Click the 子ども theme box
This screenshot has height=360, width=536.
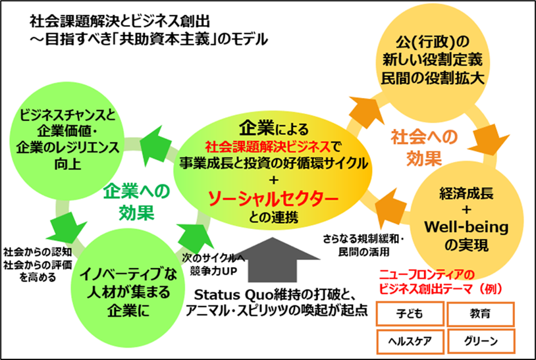408,313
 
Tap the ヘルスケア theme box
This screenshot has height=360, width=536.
408,341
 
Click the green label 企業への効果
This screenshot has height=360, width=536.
136,201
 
